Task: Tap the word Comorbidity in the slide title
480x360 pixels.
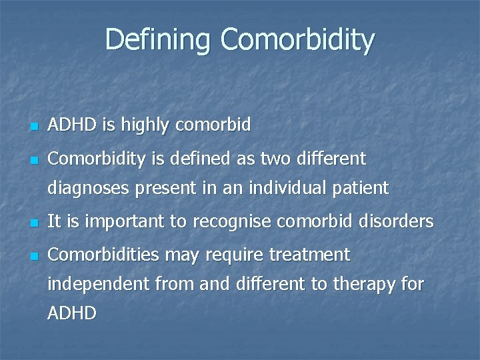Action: tap(297, 39)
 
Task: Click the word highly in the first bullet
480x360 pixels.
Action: tap(154, 125)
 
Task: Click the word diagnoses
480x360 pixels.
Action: tap(88, 189)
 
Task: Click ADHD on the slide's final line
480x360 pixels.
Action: tap(72, 313)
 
